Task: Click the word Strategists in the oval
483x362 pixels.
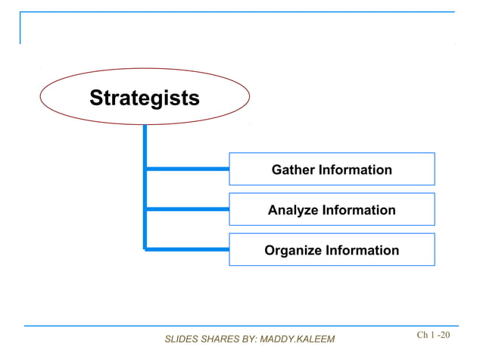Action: (x=145, y=98)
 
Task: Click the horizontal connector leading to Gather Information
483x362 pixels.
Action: (x=187, y=169)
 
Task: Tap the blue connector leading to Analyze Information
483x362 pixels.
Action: (x=187, y=209)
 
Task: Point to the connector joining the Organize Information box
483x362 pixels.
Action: (x=187, y=248)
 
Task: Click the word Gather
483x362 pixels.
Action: (x=293, y=170)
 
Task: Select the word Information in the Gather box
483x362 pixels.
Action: (x=354, y=170)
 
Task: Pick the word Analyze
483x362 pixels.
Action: (x=291, y=210)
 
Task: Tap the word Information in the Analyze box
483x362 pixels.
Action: (x=357, y=210)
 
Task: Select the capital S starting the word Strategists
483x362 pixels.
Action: (x=95, y=98)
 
